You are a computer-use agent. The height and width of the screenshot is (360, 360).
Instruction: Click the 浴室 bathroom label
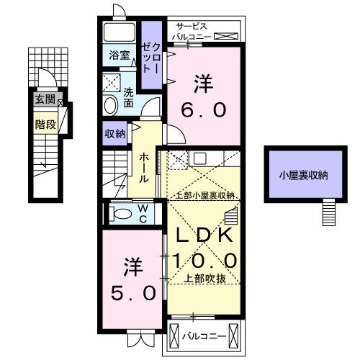pos(119,55)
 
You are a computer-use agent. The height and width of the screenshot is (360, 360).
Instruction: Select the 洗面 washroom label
pos(128,97)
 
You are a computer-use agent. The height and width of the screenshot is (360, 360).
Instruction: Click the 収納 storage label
pos(115,133)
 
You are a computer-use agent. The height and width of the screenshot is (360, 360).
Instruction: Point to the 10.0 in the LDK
pos(202,259)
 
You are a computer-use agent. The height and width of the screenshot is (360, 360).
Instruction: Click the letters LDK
pos(202,235)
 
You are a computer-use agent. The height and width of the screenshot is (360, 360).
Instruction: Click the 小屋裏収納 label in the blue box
pos(304,174)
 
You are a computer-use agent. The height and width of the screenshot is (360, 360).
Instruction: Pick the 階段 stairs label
pos(45,124)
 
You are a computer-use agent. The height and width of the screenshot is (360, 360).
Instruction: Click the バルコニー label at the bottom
pos(204,336)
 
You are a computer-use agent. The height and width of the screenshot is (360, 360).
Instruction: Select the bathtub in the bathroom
pos(120,32)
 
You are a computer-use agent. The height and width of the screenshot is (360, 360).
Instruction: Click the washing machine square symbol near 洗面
pos(112,81)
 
